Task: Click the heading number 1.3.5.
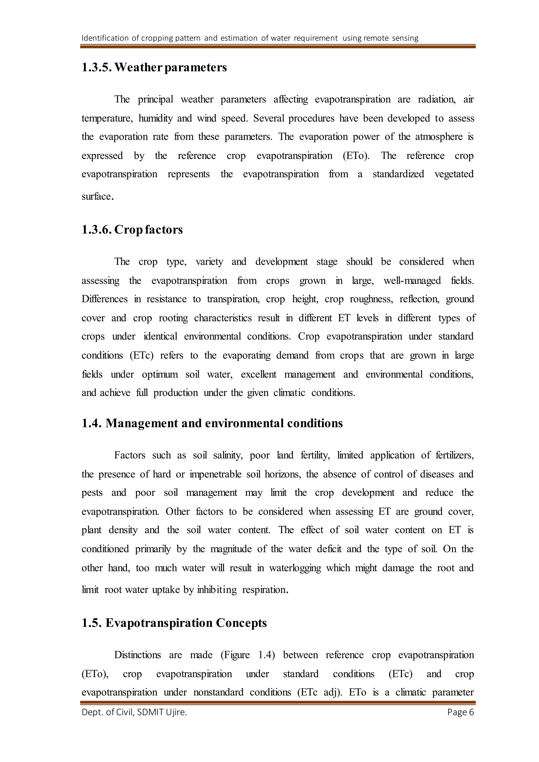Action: click(x=97, y=67)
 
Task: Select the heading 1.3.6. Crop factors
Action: click(x=132, y=230)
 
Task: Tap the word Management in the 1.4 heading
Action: click(x=142, y=423)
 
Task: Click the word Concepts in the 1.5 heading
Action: click(x=241, y=623)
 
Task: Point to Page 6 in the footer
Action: click(x=460, y=712)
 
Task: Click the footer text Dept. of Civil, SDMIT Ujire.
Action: click(x=134, y=712)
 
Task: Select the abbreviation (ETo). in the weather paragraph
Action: click(x=356, y=156)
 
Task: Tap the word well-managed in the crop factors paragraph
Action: click(x=412, y=281)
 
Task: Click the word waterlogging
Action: click(x=295, y=568)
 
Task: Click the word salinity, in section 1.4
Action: click(x=228, y=455)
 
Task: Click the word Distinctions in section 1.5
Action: click(x=137, y=655)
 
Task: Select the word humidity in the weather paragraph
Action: click(x=155, y=118)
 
